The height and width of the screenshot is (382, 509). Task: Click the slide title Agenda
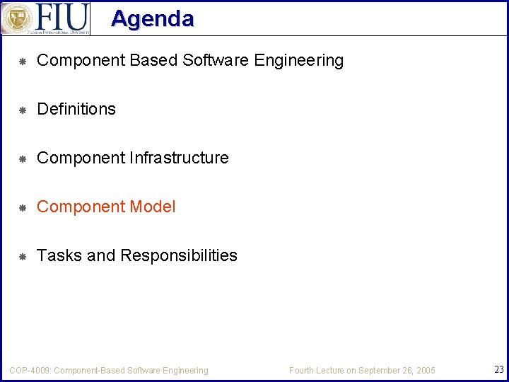click(152, 18)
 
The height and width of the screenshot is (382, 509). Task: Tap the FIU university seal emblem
click(17, 18)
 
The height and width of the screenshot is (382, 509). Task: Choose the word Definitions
click(76, 109)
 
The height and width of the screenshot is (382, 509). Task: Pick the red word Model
click(153, 207)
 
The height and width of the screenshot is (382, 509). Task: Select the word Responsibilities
click(179, 255)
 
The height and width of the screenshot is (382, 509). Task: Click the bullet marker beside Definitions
click(22, 110)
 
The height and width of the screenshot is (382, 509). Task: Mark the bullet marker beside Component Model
click(22, 207)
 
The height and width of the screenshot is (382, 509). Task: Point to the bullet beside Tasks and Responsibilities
click(22, 256)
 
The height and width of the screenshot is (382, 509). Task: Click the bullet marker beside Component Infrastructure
click(22, 158)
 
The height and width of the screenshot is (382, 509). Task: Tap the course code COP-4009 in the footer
click(30, 370)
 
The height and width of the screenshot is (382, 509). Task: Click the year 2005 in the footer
click(425, 371)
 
